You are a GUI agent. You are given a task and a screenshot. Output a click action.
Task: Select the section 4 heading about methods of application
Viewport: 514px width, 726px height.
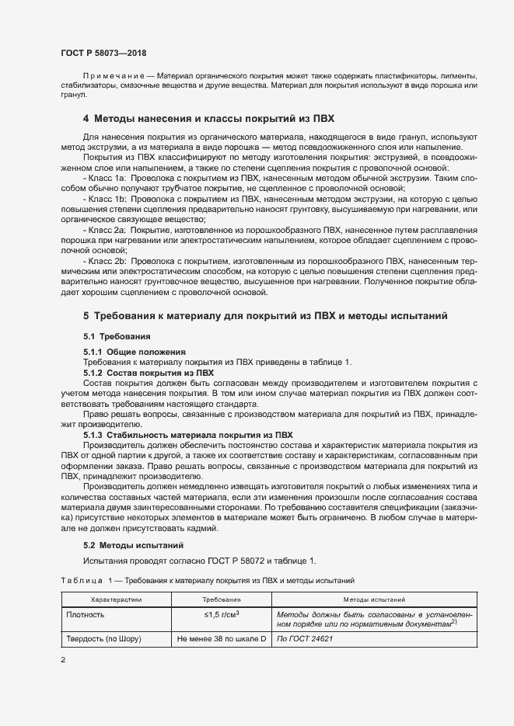click(x=208, y=120)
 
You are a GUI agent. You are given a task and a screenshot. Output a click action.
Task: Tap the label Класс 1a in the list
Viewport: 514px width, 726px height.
click(x=108, y=178)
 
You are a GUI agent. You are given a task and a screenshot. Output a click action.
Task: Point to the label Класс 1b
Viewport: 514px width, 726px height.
click(x=108, y=199)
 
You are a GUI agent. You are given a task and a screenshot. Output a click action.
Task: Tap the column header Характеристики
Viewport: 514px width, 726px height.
click(x=117, y=599)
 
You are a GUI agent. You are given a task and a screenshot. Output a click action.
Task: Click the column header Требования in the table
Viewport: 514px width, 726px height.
click(x=221, y=599)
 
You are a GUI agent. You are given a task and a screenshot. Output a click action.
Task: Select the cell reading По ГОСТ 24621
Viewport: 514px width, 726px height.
click(x=306, y=639)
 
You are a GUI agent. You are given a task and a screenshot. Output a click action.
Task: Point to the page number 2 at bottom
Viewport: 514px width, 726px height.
click(x=62, y=660)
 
